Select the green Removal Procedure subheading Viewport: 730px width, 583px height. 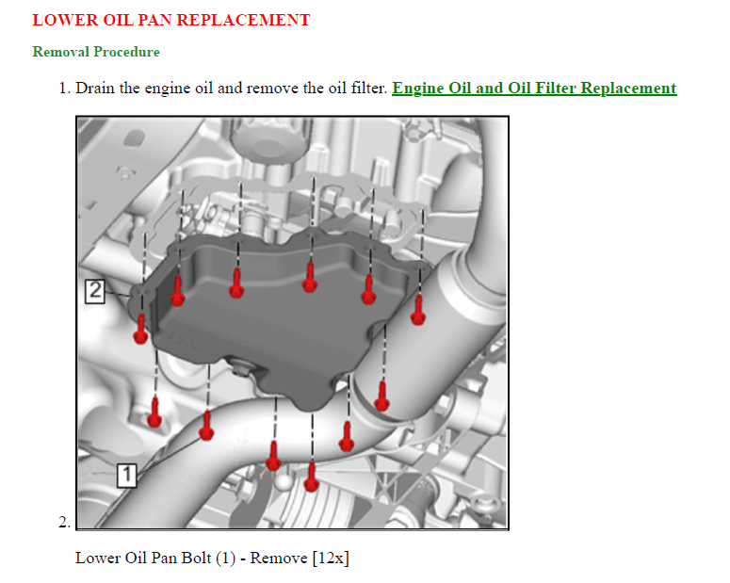point(96,52)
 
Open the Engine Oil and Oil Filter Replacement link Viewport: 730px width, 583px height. point(534,88)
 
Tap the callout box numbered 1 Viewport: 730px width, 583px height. point(126,475)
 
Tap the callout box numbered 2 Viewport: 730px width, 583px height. point(95,292)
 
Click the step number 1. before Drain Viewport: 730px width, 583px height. point(65,88)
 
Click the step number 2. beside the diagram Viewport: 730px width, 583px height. point(65,522)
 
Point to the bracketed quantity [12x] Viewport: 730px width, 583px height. point(331,558)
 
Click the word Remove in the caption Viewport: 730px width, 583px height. point(279,558)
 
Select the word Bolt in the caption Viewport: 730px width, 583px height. point(197,558)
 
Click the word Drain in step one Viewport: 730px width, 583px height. point(95,88)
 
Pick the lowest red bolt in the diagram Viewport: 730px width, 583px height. point(312,478)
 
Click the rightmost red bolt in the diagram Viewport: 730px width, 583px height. point(418,310)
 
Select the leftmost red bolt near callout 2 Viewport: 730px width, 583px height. point(140,330)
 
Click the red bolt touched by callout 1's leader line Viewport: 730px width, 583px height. point(206,426)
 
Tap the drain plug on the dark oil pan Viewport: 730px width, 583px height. point(241,370)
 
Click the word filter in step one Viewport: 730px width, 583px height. point(368,88)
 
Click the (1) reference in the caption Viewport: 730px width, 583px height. point(226,558)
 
